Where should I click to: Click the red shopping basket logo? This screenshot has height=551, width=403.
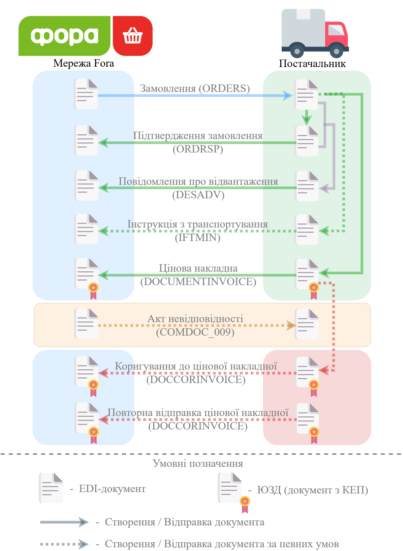132,36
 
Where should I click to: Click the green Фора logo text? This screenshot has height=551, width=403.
64,36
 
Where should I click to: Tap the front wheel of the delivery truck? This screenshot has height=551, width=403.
336,51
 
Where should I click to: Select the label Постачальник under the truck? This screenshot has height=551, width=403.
312,63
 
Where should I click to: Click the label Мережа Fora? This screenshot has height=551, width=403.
84,63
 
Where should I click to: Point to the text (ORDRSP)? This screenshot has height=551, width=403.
198,149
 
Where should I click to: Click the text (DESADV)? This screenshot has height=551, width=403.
198,195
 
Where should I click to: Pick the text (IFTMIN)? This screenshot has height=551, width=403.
197,237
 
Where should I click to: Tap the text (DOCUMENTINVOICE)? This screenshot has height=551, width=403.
198,281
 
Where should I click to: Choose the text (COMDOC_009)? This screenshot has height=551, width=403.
195,332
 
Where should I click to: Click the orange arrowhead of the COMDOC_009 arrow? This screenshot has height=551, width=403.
291,325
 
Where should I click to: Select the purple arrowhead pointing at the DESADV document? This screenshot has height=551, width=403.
324,188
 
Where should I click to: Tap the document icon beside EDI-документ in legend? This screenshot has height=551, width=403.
51,488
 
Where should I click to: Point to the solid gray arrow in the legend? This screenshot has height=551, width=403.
64,522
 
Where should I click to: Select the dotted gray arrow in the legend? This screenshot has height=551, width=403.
64,544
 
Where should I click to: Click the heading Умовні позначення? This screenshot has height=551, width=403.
198,463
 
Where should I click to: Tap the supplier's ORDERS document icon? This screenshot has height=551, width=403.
306,95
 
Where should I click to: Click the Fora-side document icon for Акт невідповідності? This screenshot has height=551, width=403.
86,323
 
